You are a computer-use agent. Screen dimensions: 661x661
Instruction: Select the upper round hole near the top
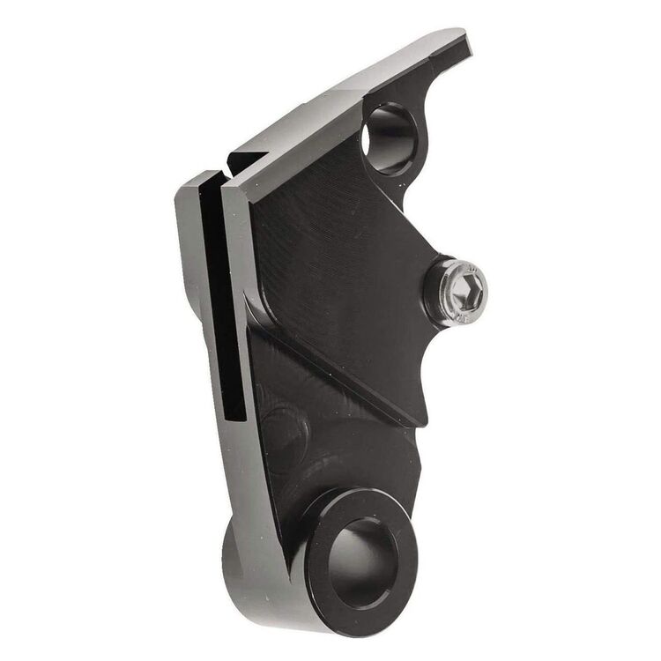[x=388, y=138]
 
